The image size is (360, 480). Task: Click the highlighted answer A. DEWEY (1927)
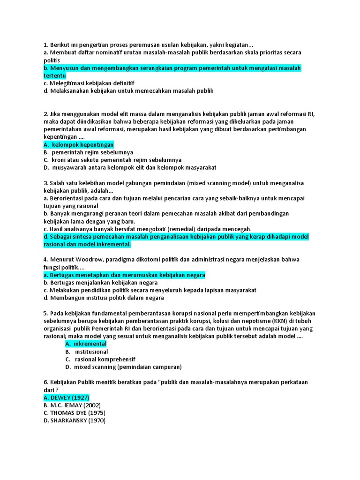click(66, 397)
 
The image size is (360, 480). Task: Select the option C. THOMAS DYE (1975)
click(74, 413)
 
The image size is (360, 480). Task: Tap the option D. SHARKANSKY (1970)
click(74, 420)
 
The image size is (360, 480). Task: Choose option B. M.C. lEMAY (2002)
click(72, 405)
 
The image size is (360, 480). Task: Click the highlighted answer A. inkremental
click(86, 344)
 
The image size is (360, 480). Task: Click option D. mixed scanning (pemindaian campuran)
click(123, 367)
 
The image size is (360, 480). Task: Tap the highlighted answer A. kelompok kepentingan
click(78, 145)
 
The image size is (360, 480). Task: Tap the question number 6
click(45, 382)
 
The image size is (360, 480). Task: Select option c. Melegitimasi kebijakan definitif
click(88, 83)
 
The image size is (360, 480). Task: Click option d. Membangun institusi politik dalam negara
click(103, 298)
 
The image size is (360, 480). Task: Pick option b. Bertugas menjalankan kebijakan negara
click(100, 283)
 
